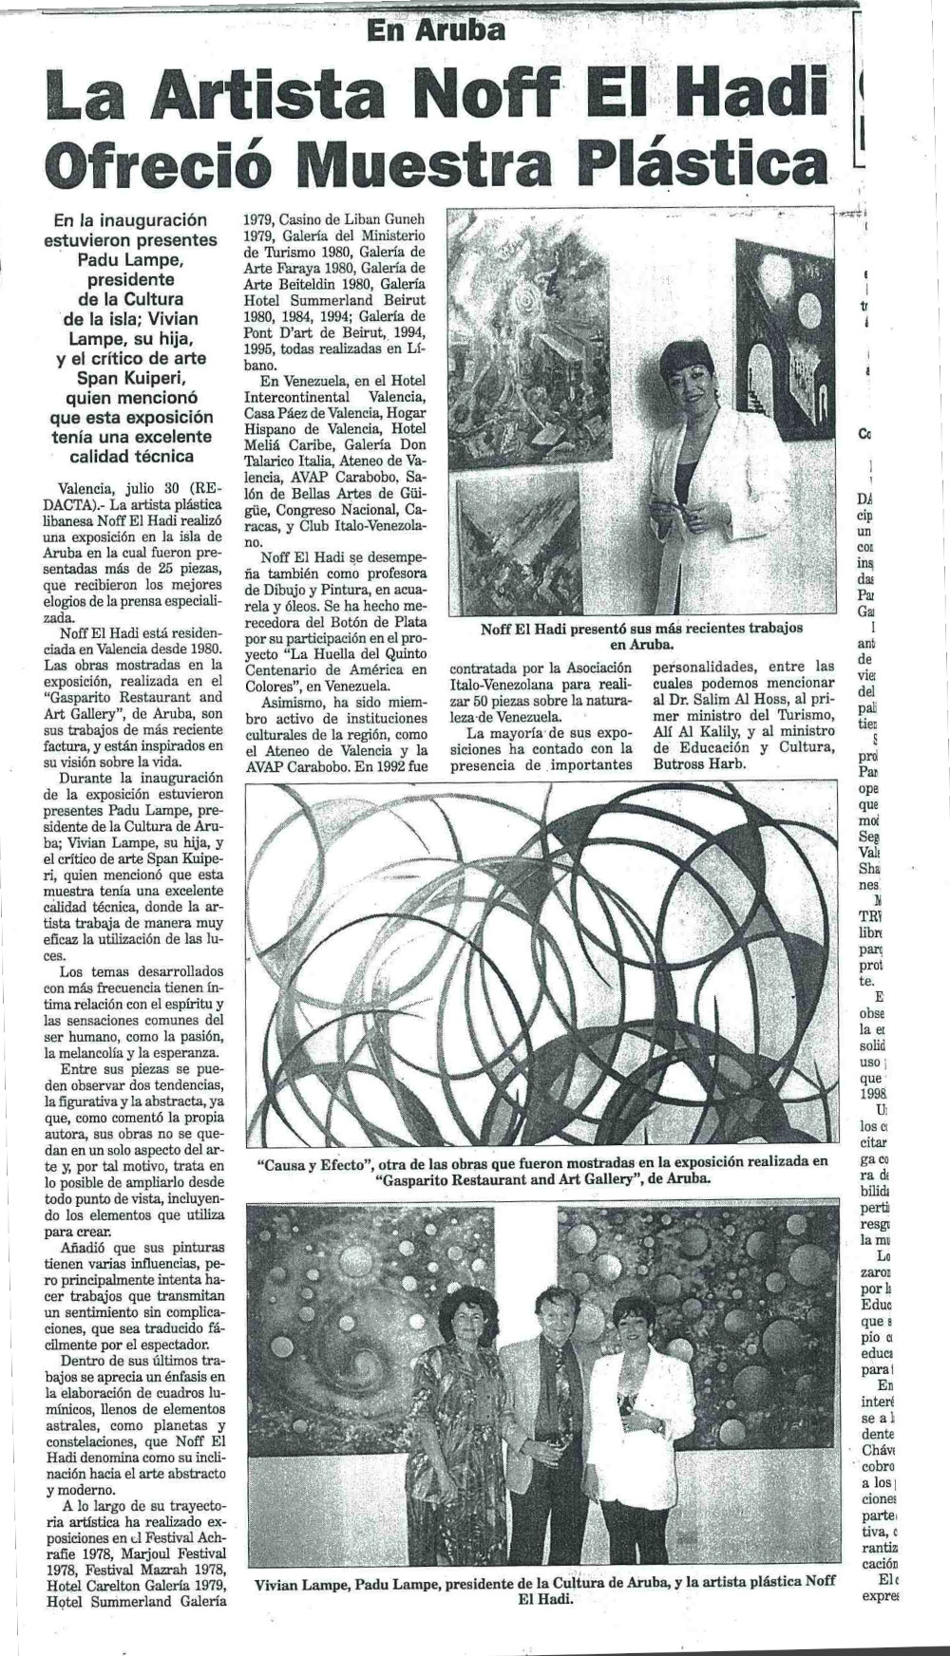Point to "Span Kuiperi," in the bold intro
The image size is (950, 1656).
[x=133, y=379]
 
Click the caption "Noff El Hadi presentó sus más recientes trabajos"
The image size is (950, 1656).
[x=642, y=628]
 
